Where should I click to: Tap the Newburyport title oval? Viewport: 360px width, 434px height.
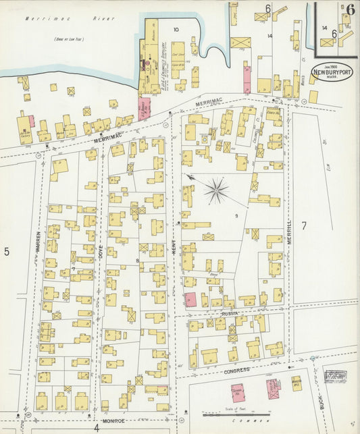click(x=330, y=71)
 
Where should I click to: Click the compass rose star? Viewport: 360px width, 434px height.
click(x=217, y=190)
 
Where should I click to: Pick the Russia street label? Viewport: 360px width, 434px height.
click(x=230, y=315)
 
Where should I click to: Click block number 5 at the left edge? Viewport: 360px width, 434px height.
click(x=7, y=252)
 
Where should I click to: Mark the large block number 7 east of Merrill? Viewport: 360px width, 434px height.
click(x=304, y=225)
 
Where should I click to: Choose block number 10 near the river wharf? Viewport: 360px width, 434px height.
click(x=176, y=29)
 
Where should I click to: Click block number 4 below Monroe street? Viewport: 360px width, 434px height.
click(x=97, y=427)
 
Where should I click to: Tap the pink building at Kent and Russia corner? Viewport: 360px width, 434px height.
click(x=190, y=300)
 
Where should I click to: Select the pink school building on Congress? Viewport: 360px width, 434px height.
click(x=238, y=394)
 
